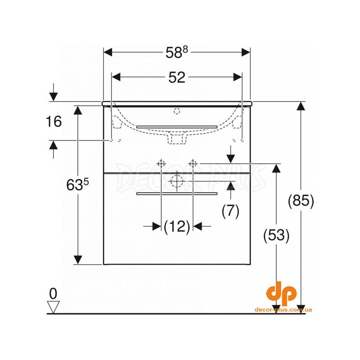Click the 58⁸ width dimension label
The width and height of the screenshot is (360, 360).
point(176,52)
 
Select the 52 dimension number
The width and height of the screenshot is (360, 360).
point(177,77)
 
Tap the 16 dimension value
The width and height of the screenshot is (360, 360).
point(54,121)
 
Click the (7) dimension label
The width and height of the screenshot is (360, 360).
point(230,211)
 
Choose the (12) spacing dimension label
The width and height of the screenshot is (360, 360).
point(177,226)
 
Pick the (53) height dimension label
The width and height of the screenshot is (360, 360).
point(276,235)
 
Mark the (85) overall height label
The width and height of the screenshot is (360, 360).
point(301,201)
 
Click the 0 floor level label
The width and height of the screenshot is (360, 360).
point(53,293)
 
